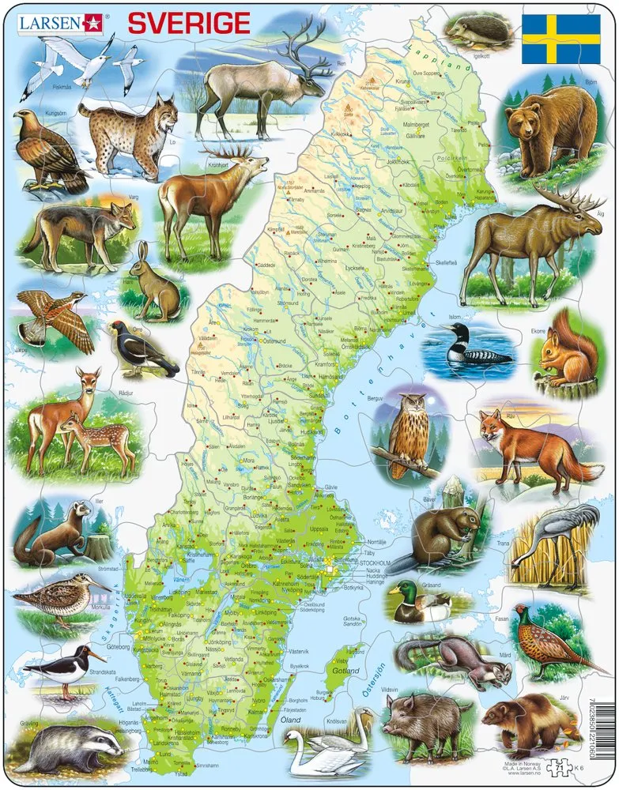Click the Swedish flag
point(561,38)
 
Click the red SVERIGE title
point(189,23)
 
